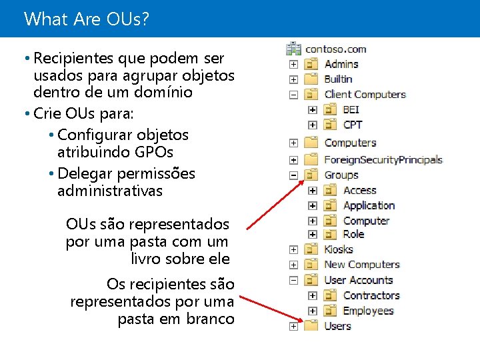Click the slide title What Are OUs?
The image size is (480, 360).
86,19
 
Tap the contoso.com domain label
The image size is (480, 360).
335,49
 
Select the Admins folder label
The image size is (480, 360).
341,64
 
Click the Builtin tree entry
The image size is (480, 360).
338,79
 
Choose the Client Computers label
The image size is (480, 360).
365,94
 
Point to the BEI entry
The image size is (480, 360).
351,109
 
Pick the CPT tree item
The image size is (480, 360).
353,125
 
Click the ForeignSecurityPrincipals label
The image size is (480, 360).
383,159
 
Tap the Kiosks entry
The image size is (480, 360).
339,249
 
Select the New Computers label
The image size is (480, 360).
361,265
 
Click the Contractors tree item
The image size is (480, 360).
371,295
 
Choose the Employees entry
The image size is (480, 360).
368,311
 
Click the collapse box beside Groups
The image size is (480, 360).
293,175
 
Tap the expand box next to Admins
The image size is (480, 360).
293,65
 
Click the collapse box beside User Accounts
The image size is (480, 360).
293,281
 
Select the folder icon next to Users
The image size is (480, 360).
311,326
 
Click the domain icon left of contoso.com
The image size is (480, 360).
293,49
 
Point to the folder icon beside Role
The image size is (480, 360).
329,235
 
